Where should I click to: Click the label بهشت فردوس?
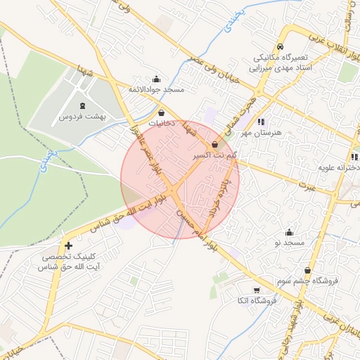[x=82, y=117]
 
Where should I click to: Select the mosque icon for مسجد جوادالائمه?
[x=156, y=79]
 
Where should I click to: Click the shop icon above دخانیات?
[x=162, y=112]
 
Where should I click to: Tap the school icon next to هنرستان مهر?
[x=260, y=122]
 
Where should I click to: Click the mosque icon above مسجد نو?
[x=289, y=232]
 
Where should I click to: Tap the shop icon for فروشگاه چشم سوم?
[x=308, y=271]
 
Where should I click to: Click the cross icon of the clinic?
[x=68, y=245]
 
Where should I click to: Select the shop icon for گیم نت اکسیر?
[x=214, y=143]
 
